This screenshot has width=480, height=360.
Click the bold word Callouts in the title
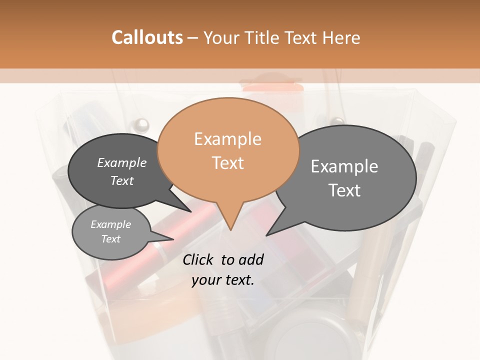click(x=147, y=37)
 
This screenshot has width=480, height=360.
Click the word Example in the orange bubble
click(x=227, y=139)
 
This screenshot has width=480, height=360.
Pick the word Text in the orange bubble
click(x=227, y=162)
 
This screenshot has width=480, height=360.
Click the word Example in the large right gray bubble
click(x=344, y=166)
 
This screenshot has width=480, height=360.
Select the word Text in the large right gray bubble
click(x=344, y=190)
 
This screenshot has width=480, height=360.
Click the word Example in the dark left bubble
click(x=122, y=162)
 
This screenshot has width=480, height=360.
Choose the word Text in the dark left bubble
click(x=122, y=180)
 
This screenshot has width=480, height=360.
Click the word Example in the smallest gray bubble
click(x=110, y=224)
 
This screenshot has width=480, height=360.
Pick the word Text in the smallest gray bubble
click(x=110, y=239)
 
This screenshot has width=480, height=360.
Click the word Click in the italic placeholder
click(x=199, y=259)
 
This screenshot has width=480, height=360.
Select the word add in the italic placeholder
click(x=251, y=259)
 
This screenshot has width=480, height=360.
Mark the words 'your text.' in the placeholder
click(x=223, y=280)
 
